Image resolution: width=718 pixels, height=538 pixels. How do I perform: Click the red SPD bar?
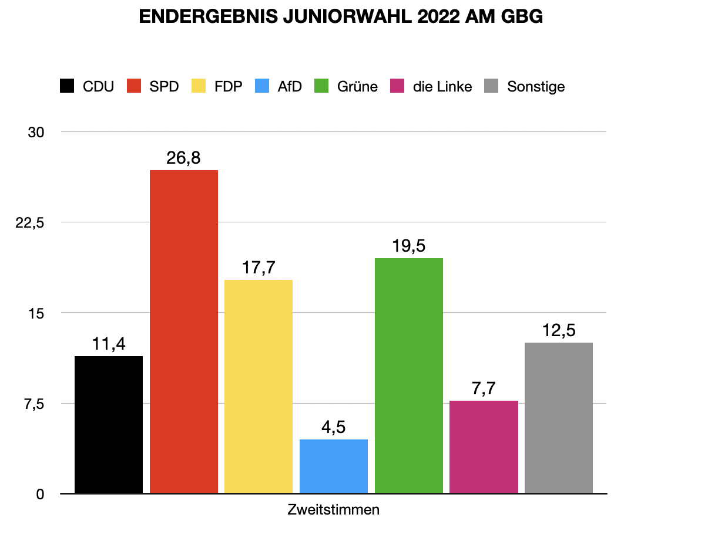pyautogui.click(x=184, y=331)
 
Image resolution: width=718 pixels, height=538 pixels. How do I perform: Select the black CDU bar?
pyautogui.click(x=109, y=424)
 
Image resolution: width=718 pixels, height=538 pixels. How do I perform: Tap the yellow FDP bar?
pyautogui.click(x=259, y=386)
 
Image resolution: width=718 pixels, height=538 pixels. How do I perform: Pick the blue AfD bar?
pyautogui.click(x=334, y=466)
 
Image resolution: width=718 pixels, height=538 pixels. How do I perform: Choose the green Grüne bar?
pyautogui.click(x=409, y=375)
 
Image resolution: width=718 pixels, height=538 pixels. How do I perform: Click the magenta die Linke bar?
pyautogui.click(x=484, y=446)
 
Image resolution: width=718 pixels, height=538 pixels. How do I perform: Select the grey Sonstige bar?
pyautogui.click(x=559, y=418)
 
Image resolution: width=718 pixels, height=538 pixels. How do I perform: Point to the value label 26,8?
pyautogui.click(x=184, y=158)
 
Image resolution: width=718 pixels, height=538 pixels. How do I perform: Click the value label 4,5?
pyautogui.click(x=334, y=428)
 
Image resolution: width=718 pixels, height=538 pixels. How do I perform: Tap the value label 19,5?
pyautogui.click(x=409, y=246)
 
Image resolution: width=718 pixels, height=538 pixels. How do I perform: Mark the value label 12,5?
pyautogui.click(x=559, y=331)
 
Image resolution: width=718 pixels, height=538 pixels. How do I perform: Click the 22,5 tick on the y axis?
pyautogui.click(x=33, y=223)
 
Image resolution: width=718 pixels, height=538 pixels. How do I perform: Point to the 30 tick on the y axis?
pyautogui.click(x=36, y=133)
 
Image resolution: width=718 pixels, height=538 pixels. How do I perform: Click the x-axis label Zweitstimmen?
pyautogui.click(x=334, y=510)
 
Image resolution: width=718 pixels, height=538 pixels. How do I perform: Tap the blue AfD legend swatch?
pyautogui.click(x=263, y=87)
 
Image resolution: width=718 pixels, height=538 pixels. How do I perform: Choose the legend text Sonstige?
pyautogui.click(x=536, y=87)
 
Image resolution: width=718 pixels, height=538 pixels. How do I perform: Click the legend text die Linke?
pyautogui.click(x=442, y=87)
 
